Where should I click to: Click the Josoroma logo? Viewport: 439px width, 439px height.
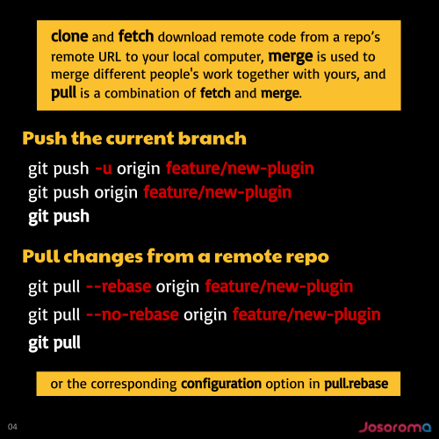395,428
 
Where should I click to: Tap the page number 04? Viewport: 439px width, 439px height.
12,427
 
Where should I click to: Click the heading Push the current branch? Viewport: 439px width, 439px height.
134,138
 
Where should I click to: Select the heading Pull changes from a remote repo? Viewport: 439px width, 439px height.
176,256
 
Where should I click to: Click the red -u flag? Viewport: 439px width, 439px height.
104,169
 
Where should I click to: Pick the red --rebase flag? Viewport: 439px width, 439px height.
119,286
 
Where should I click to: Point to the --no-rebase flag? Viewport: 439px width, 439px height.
133,314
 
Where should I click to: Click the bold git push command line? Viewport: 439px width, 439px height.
59,217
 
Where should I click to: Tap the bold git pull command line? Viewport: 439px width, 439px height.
54,343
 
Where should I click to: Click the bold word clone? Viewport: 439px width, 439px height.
69,36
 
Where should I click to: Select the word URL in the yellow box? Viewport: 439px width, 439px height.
110,57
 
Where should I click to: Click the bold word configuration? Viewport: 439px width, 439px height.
221,384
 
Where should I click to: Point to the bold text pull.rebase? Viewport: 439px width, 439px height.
356,384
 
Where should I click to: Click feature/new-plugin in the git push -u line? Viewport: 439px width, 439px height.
240,169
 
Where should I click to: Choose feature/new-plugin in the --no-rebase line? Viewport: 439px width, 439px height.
306,315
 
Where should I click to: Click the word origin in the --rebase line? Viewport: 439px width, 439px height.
177,287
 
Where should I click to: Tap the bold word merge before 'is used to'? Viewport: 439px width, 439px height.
291,57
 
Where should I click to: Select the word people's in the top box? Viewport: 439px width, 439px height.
175,75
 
